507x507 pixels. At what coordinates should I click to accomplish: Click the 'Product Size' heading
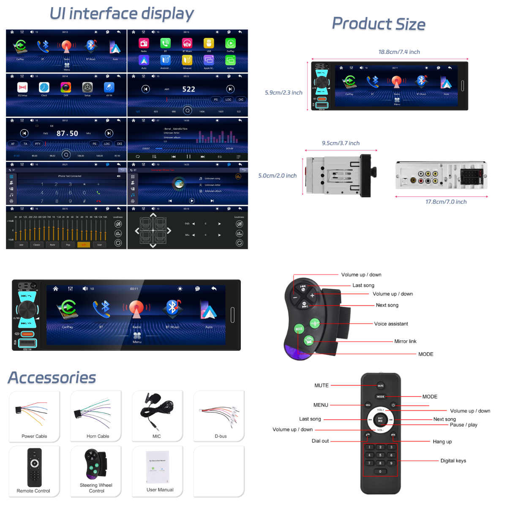coord(379,24)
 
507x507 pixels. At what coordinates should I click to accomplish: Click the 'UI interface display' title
coord(122,14)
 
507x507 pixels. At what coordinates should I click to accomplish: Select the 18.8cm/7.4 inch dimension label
coord(399,52)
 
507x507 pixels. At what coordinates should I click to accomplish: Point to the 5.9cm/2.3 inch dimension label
coord(283,93)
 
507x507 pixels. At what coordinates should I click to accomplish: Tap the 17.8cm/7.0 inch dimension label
coord(446,202)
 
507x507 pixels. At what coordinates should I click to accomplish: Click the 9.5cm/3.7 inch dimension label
coord(341,143)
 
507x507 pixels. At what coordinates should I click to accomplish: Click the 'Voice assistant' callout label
coord(391,324)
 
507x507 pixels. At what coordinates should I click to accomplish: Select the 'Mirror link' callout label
coord(405,341)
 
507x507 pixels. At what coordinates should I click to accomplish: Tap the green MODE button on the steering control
coord(299,329)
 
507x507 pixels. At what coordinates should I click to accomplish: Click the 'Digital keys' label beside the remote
coord(453,461)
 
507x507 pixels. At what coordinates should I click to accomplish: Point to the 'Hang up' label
coord(442,442)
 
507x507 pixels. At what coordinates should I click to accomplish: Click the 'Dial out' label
coord(320,441)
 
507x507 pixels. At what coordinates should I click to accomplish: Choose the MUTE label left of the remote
coord(321,386)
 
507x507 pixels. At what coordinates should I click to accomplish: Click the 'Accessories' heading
coord(52,378)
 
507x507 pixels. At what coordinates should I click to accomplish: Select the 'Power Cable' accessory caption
coord(34,436)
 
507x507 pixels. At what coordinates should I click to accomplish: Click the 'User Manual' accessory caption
coord(160,490)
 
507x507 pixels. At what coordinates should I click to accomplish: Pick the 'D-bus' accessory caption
coord(221,436)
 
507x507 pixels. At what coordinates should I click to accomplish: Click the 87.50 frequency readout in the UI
coord(67,134)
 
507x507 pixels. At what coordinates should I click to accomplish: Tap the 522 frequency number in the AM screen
coord(188,89)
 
